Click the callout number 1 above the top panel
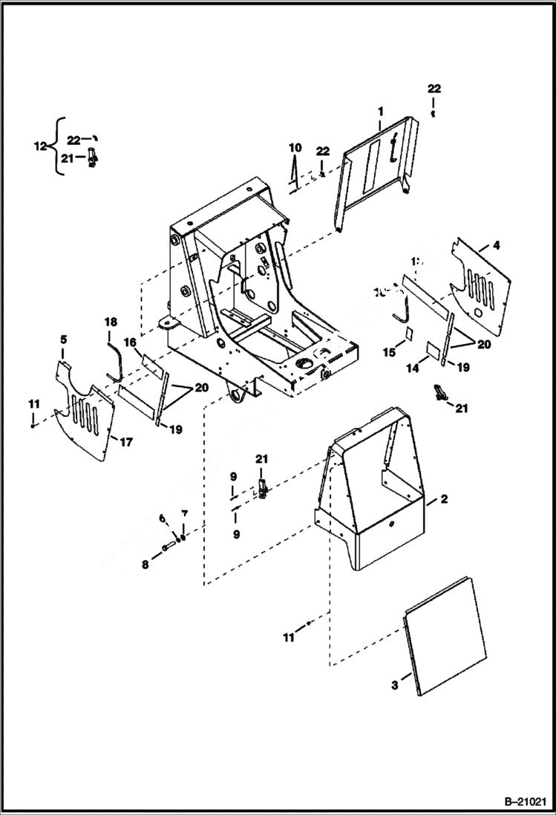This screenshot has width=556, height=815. tap(380, 111)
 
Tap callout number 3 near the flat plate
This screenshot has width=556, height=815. tap(395, 683)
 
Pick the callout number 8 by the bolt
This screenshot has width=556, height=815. tap(145, 565)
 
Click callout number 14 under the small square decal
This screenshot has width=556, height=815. tap(414, 367)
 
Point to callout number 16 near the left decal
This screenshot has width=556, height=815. tap(129, 342)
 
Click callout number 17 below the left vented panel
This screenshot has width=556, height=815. tap(125, 442)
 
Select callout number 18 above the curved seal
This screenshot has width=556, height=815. tap(111, 322)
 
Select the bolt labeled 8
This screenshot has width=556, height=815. tap(167, 549)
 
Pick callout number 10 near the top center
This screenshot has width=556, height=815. tap(294, 146)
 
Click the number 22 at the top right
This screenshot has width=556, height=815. tap(434, 88)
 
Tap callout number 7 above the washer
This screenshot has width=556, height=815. tap(185, 514)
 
